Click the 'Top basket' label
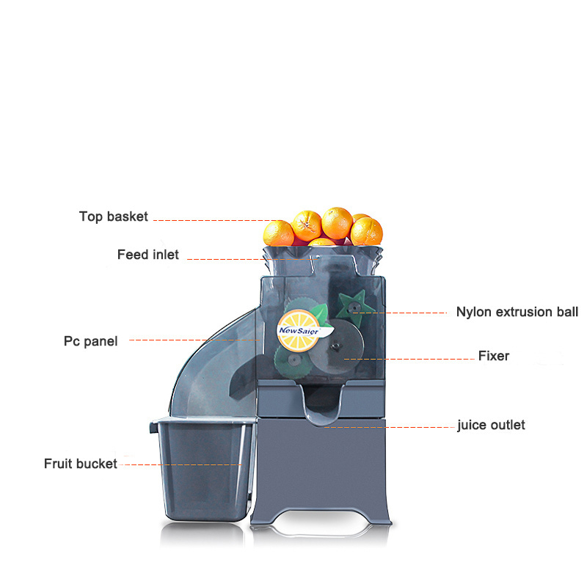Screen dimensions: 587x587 114,216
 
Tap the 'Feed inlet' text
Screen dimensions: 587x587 147,255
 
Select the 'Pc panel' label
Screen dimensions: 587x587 90,341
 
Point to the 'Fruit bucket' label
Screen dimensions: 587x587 80,464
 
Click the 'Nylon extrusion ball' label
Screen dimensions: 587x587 517,312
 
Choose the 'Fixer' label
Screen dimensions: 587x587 493,356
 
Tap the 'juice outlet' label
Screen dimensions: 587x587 491,425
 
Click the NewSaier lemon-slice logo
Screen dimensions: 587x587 297,325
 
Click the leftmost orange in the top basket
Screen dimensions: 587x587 279,233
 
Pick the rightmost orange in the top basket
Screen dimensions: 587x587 367,230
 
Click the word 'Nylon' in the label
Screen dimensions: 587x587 473,312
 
